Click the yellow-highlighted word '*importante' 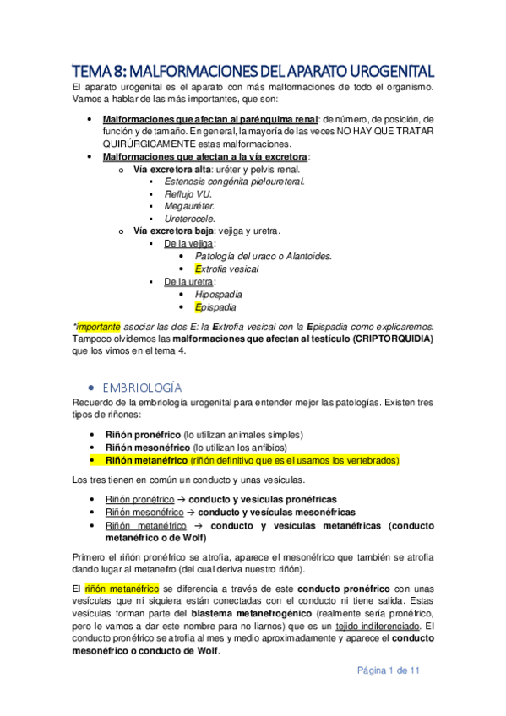coord(97,326)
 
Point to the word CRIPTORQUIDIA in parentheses coord(381,339)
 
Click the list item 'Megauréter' coord(190,205)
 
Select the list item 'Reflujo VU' coord(188,193)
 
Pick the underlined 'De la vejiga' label coord(189,243)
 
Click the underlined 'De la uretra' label coord(189,281)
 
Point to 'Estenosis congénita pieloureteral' coord(235,181)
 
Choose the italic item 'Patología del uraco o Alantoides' coord(263,256)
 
